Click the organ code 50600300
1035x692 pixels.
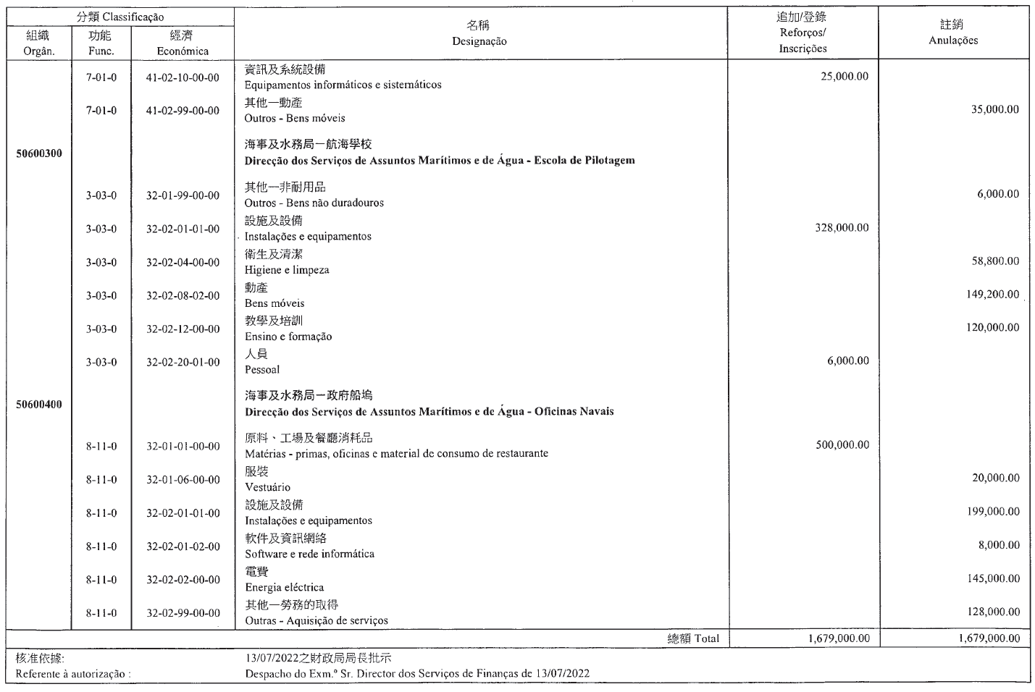(39, 153)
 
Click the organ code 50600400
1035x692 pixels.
(39, 405)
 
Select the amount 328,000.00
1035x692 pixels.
(842, 228)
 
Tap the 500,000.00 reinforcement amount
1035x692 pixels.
(842, 445)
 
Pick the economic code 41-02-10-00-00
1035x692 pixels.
(183, 77)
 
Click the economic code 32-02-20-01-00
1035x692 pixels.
(183, 363)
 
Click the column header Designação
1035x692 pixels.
(479, 42)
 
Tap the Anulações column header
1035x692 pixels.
(953, 41)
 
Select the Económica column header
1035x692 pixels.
(183, 51)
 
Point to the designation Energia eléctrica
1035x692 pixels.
(284, 588)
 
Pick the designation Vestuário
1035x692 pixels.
(267, 488)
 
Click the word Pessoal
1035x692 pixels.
(262, 370)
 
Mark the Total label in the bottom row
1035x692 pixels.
(707, 638)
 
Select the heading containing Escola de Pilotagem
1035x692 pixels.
(439, 161)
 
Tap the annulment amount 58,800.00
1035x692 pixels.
(995, 261)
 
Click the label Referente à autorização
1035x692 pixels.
(72, 674)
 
